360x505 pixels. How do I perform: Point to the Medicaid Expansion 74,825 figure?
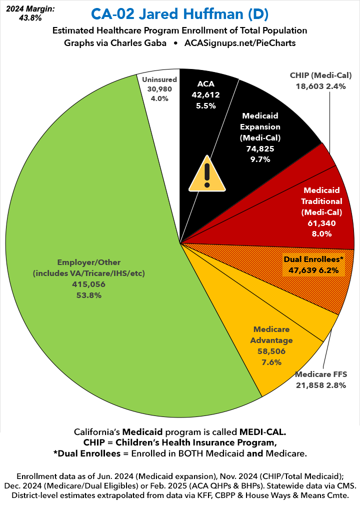coord(259,148)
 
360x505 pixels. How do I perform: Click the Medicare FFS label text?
coord(320,374)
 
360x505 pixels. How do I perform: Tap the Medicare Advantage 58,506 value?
coord(272,351)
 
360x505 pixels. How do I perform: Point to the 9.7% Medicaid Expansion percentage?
coord(259,159)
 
